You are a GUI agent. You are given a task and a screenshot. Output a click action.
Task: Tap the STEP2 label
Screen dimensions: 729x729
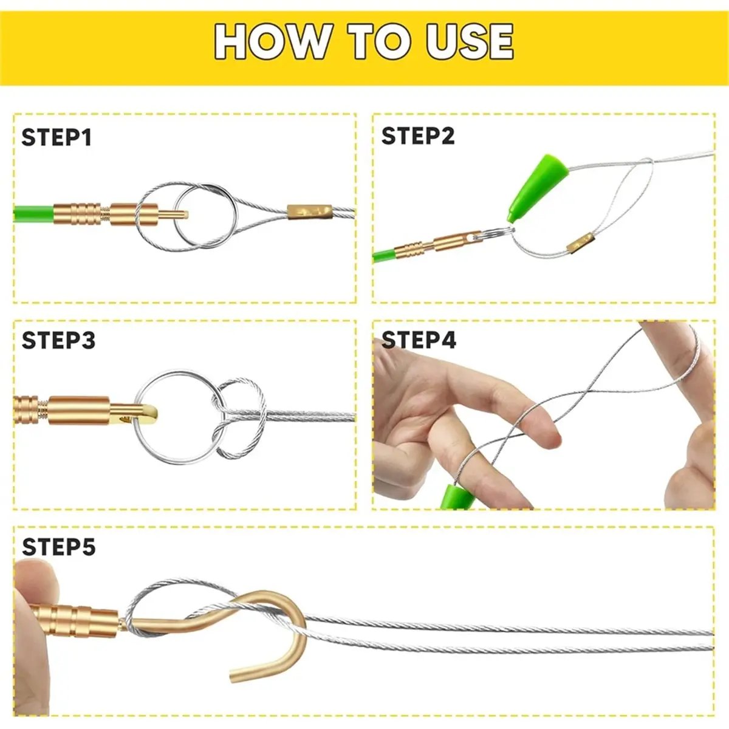pos(418,136)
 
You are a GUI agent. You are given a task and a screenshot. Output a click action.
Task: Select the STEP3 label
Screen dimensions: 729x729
pos(59,340)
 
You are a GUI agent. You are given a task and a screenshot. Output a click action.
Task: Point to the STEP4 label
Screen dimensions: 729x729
pos(419,340)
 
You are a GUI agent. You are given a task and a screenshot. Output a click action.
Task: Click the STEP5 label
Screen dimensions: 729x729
pos(59,547)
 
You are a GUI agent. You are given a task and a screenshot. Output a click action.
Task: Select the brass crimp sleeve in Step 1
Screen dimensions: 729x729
pos(309,212)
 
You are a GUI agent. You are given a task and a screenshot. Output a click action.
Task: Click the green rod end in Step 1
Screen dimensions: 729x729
pos(33,214)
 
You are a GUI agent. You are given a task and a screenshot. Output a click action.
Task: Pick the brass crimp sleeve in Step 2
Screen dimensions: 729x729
pos(580,243)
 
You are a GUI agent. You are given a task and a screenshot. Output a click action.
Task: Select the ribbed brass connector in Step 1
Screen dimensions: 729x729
pos(78,214)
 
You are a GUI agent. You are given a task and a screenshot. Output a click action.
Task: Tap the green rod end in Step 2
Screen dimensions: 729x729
pos(384,256)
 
